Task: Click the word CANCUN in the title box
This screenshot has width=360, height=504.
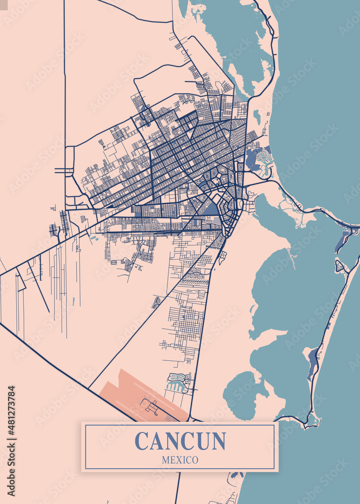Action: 180,441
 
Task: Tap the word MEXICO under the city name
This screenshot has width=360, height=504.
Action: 180,460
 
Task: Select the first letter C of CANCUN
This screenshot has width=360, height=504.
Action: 142,441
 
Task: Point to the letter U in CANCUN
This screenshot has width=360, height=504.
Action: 202,441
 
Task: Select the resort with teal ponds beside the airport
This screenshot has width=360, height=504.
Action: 178,383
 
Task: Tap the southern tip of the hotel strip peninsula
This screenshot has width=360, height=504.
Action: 313,421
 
